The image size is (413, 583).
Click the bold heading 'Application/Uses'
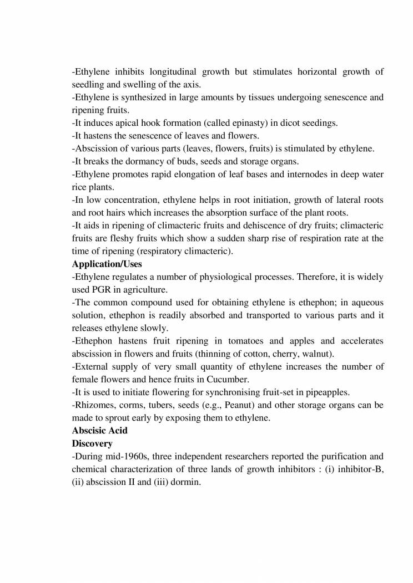pyautogui.click(x=108, y=264)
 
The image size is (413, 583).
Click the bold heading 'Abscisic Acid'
pyautogui.click(x=99, y=431)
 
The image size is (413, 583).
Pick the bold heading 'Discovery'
pyautogui.click(x=93, y=443)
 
